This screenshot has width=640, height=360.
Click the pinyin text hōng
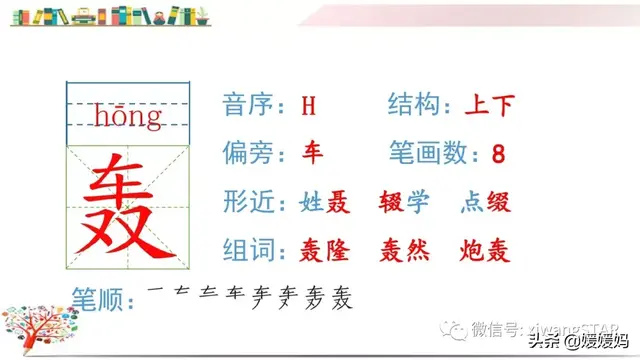coord(128,118)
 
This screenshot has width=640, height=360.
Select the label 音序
coord(248,105)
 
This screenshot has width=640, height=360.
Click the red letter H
coord(309,105)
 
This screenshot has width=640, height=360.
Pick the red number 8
coord(499,154)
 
